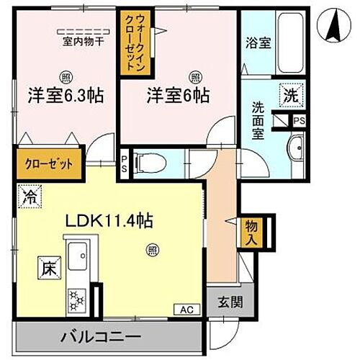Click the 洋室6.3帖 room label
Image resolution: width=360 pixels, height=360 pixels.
click(63, 94)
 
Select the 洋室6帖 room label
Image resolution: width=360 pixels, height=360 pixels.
click(179, 94)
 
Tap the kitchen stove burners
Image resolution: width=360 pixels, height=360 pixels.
click(76, 297)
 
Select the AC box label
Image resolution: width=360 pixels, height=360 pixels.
click(184, 310)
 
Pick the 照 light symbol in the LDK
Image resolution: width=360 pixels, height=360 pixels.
click(153, 250)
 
